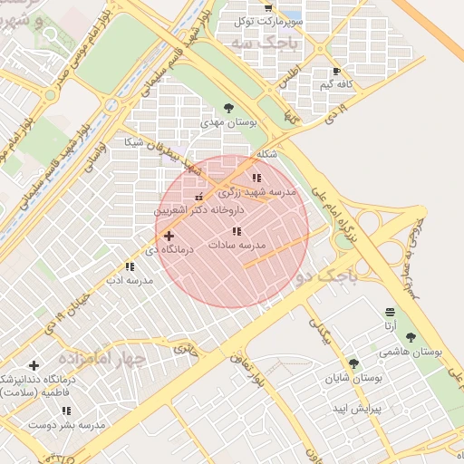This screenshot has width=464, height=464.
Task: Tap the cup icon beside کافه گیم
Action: [x=336, y=71]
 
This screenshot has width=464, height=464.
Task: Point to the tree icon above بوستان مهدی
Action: [x=227, y=107]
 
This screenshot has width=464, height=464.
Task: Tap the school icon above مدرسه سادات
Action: [x=237, y=232]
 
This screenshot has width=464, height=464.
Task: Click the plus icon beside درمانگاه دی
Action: [x=169, y=236]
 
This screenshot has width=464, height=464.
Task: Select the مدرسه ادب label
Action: [x=129, y=280]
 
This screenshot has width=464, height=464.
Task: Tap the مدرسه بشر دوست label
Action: [x=67, y=424]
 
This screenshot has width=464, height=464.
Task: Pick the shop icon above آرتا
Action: [x=390, y=311]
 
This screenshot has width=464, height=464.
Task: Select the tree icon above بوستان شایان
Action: [x=353, y=363]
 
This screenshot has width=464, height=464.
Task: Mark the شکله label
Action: [x=266, y=154]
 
